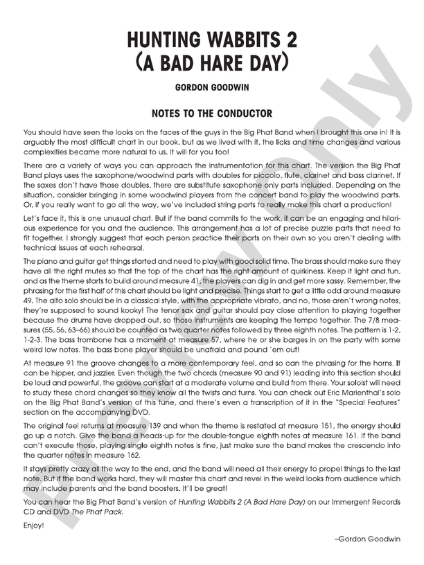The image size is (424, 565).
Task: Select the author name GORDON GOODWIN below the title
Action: point(212,89)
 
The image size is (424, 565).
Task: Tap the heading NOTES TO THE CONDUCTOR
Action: point(211,113)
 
